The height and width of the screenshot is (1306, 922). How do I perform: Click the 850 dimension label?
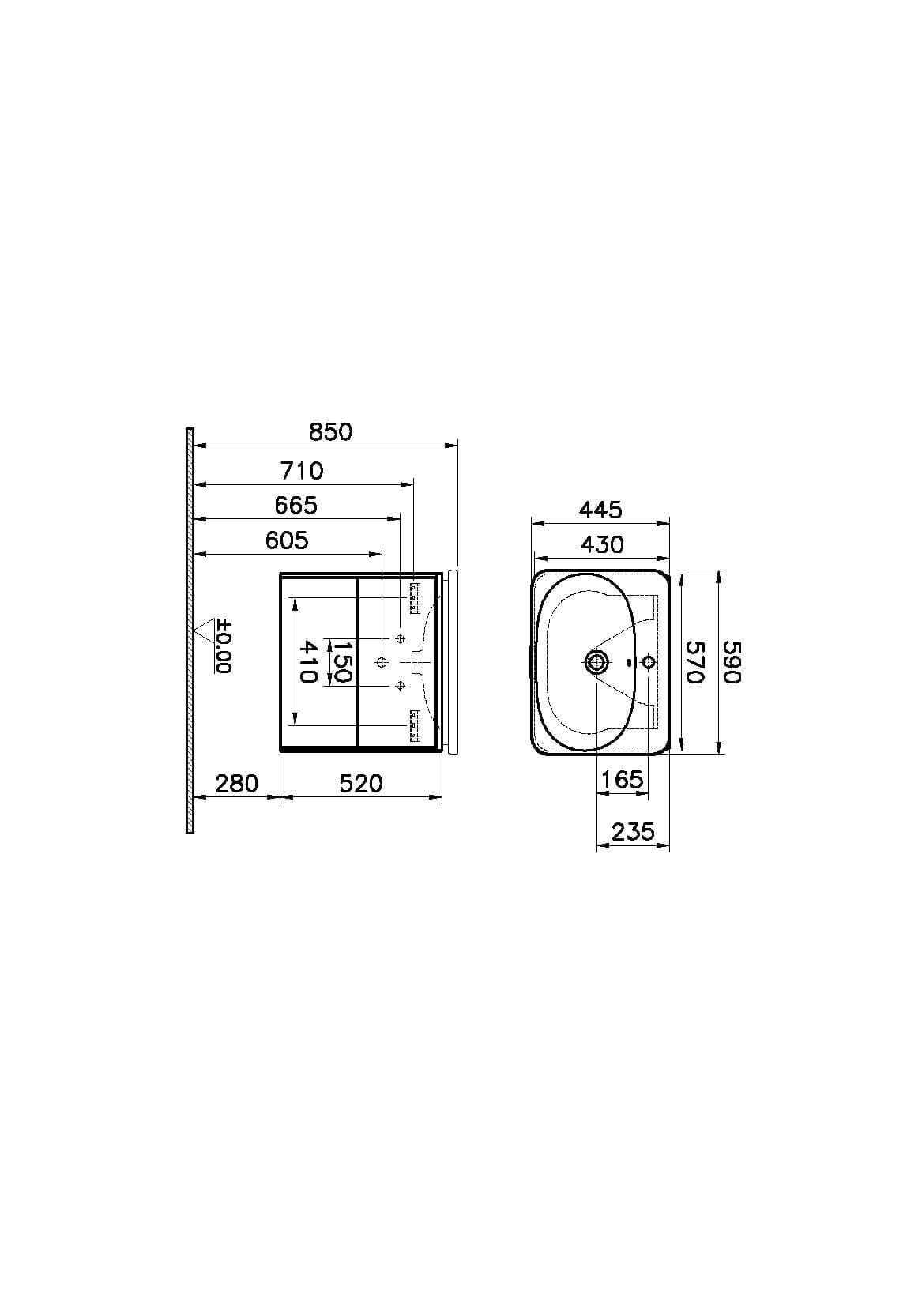[x=331, y=432]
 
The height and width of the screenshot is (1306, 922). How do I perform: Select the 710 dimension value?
[x=302, y=471]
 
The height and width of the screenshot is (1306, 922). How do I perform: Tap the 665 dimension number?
[x=296, y=506]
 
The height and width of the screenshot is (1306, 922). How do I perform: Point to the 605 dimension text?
[x=287, y=540]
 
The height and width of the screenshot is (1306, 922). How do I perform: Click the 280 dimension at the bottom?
[x=236, y=784]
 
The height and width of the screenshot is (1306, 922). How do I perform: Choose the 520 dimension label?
[x=361, y=784]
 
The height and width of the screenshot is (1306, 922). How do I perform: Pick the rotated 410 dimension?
[x=307, y=661]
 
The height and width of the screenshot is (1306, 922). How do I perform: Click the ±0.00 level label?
[x=224, y=645]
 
